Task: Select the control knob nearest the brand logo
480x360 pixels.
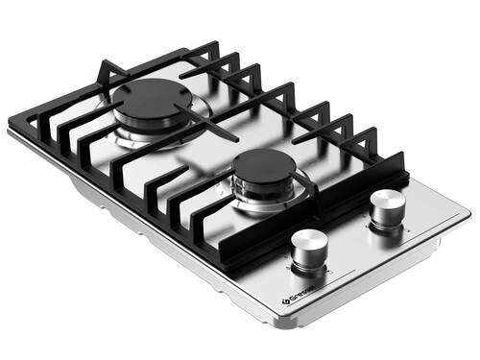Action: click(310, 250)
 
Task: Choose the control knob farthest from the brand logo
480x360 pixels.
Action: click(387, 205)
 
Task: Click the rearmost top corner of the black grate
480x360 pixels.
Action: click(213, 44)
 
